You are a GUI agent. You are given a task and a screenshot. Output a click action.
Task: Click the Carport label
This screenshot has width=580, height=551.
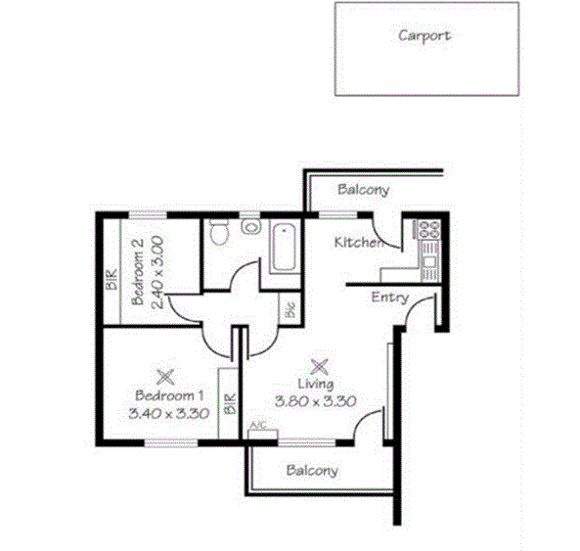tap(424, 35)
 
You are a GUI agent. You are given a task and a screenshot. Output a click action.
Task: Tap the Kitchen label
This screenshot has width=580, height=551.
tap(358, 242)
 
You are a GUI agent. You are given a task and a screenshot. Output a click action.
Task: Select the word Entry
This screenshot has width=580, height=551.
tap(389, 298)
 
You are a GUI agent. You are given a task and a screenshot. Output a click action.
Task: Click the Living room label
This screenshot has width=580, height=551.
tap(316, 385)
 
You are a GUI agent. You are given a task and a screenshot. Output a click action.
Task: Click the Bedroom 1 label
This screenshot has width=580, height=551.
tap(168, 396)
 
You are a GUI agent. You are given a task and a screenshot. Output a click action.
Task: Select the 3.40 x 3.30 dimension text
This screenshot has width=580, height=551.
tap(168, 413)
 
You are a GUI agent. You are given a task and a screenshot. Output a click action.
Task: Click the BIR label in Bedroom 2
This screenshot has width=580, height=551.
tap(112, 281)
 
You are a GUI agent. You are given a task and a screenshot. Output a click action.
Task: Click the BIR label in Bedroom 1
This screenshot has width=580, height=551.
tap(230, 404)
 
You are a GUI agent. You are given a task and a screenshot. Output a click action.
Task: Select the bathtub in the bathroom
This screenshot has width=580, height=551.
tap(286, 248)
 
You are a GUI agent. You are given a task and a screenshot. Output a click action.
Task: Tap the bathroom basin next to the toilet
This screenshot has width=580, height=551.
tap(251, 226)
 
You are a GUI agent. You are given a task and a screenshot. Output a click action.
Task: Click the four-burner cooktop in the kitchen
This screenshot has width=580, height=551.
tap(429, 230)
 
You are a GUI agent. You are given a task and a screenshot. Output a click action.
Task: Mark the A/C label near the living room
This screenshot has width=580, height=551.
tap(258, 426)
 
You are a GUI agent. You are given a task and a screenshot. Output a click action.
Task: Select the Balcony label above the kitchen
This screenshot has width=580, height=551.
tap(363, 190)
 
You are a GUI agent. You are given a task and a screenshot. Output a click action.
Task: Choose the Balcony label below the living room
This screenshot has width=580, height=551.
tap(312, 470)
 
